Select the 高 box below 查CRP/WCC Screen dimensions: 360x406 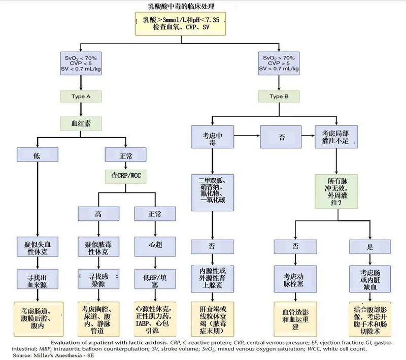[x=98, y=214]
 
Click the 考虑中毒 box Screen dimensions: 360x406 [x=213, y=137]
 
